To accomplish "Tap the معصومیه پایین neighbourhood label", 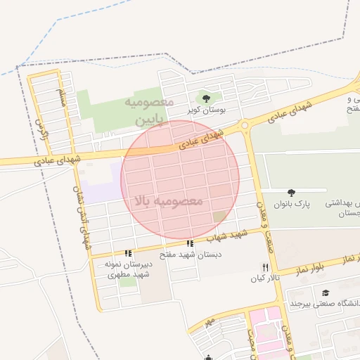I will tap(148, 110).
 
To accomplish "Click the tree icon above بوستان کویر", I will tap(206, 98).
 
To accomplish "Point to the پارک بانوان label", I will tap(291, 204).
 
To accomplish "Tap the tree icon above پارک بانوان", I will tap(292, 193).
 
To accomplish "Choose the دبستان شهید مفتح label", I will tap(190, 254).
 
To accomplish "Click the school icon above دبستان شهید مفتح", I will tap(190, 243).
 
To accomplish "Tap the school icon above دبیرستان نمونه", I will tap(128, 253).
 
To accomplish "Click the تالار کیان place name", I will tap(265, 278).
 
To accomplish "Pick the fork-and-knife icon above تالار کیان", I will tap(265, 267).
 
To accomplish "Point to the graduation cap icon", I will tap(325, 292).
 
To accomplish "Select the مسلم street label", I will tap(61, 97).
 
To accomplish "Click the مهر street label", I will tap(209, 321).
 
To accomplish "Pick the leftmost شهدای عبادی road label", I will tap(57, 161).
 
